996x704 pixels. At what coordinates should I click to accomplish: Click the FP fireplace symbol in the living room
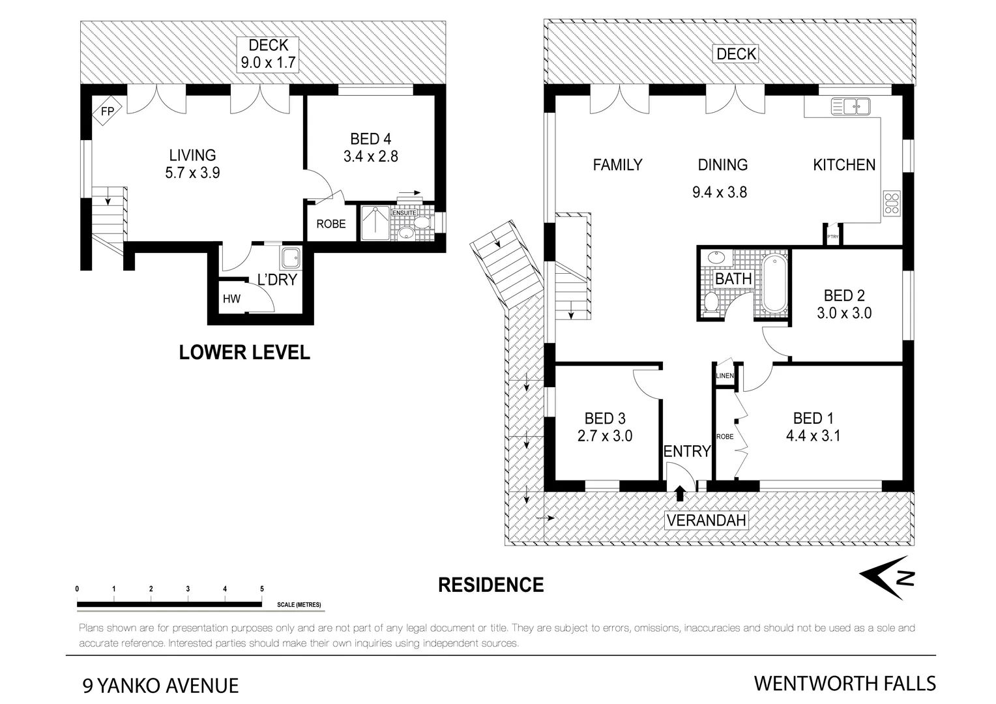(x=107, y=111)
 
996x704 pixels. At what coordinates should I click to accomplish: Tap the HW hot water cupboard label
(x=231, y=299)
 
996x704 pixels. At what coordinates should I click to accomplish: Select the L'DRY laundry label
(x=277, y=280)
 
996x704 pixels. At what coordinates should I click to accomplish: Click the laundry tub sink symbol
(x=290, y=258)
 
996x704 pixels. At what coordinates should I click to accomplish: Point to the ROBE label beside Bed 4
(x=331, y=224)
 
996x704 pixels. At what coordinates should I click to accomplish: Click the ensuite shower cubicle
(x=375, y=223)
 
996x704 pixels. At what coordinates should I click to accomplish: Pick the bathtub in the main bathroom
(x=774, y=284)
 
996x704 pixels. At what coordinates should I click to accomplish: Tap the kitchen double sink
(x=850, y=106)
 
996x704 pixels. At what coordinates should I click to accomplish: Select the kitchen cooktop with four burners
(x=891, y=203)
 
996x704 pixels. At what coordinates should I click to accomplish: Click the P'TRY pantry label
(x=832, y=237)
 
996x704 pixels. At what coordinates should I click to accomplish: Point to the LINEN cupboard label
(x=724, y=376)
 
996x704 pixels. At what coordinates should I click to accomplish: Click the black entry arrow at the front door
(x=680, y=493)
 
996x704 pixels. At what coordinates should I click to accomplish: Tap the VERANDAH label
(x=706, y=520)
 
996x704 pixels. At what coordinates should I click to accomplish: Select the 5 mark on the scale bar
(x=262, y=589)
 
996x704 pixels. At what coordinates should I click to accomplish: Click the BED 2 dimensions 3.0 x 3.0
(x=844, y=314)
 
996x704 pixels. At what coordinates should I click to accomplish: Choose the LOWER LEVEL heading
(x=244, y=353)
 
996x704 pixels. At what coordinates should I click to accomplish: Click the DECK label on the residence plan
(x=736, y=54)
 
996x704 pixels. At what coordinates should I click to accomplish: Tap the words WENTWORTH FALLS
(x=845, y=683)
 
